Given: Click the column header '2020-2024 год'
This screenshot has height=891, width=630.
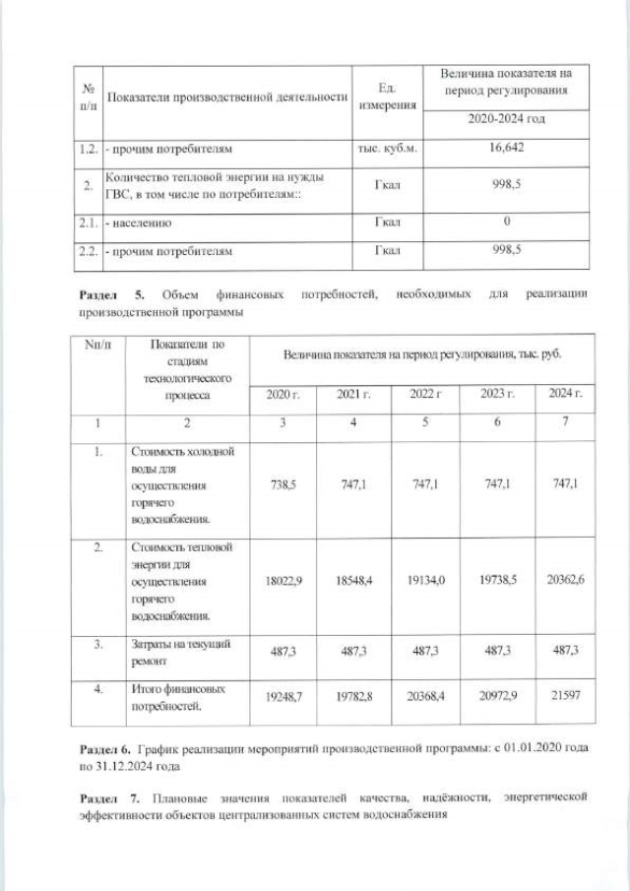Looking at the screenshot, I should (505, 119).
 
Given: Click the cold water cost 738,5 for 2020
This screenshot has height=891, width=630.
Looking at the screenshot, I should (283, 484).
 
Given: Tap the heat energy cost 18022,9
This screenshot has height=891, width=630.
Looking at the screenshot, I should (283, 581).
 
